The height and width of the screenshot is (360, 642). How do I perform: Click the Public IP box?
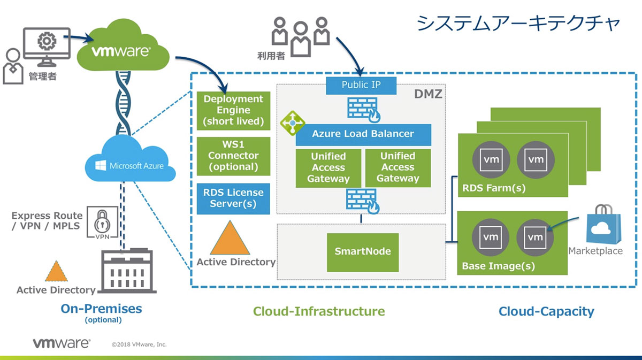point(361,86)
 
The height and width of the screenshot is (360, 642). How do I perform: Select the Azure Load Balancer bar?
point(363,134)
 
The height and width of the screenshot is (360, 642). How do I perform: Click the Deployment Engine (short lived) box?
point(233,111)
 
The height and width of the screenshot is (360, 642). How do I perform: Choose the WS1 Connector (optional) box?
point(233,156)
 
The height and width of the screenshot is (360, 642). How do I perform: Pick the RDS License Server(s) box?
point(233,198)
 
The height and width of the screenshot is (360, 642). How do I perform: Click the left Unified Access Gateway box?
point(328,168)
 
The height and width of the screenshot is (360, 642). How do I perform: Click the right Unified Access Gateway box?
point(398,168)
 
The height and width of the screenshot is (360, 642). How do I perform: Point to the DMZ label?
point(428,94)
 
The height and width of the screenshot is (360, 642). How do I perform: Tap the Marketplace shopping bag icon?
point(603,225)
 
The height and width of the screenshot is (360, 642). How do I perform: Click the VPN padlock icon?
point(102,223)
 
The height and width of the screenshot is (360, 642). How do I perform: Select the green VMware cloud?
point(123,46)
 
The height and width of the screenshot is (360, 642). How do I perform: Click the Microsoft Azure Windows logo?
point(101,166)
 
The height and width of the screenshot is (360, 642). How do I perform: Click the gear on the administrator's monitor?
point(47,41)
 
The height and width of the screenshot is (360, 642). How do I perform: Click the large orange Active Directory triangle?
point(230,239)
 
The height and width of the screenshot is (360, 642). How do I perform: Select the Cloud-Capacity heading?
point(546,311)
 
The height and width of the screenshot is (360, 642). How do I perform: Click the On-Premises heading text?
point(102,309)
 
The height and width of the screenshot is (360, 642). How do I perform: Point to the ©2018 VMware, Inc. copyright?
point(139,344)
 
